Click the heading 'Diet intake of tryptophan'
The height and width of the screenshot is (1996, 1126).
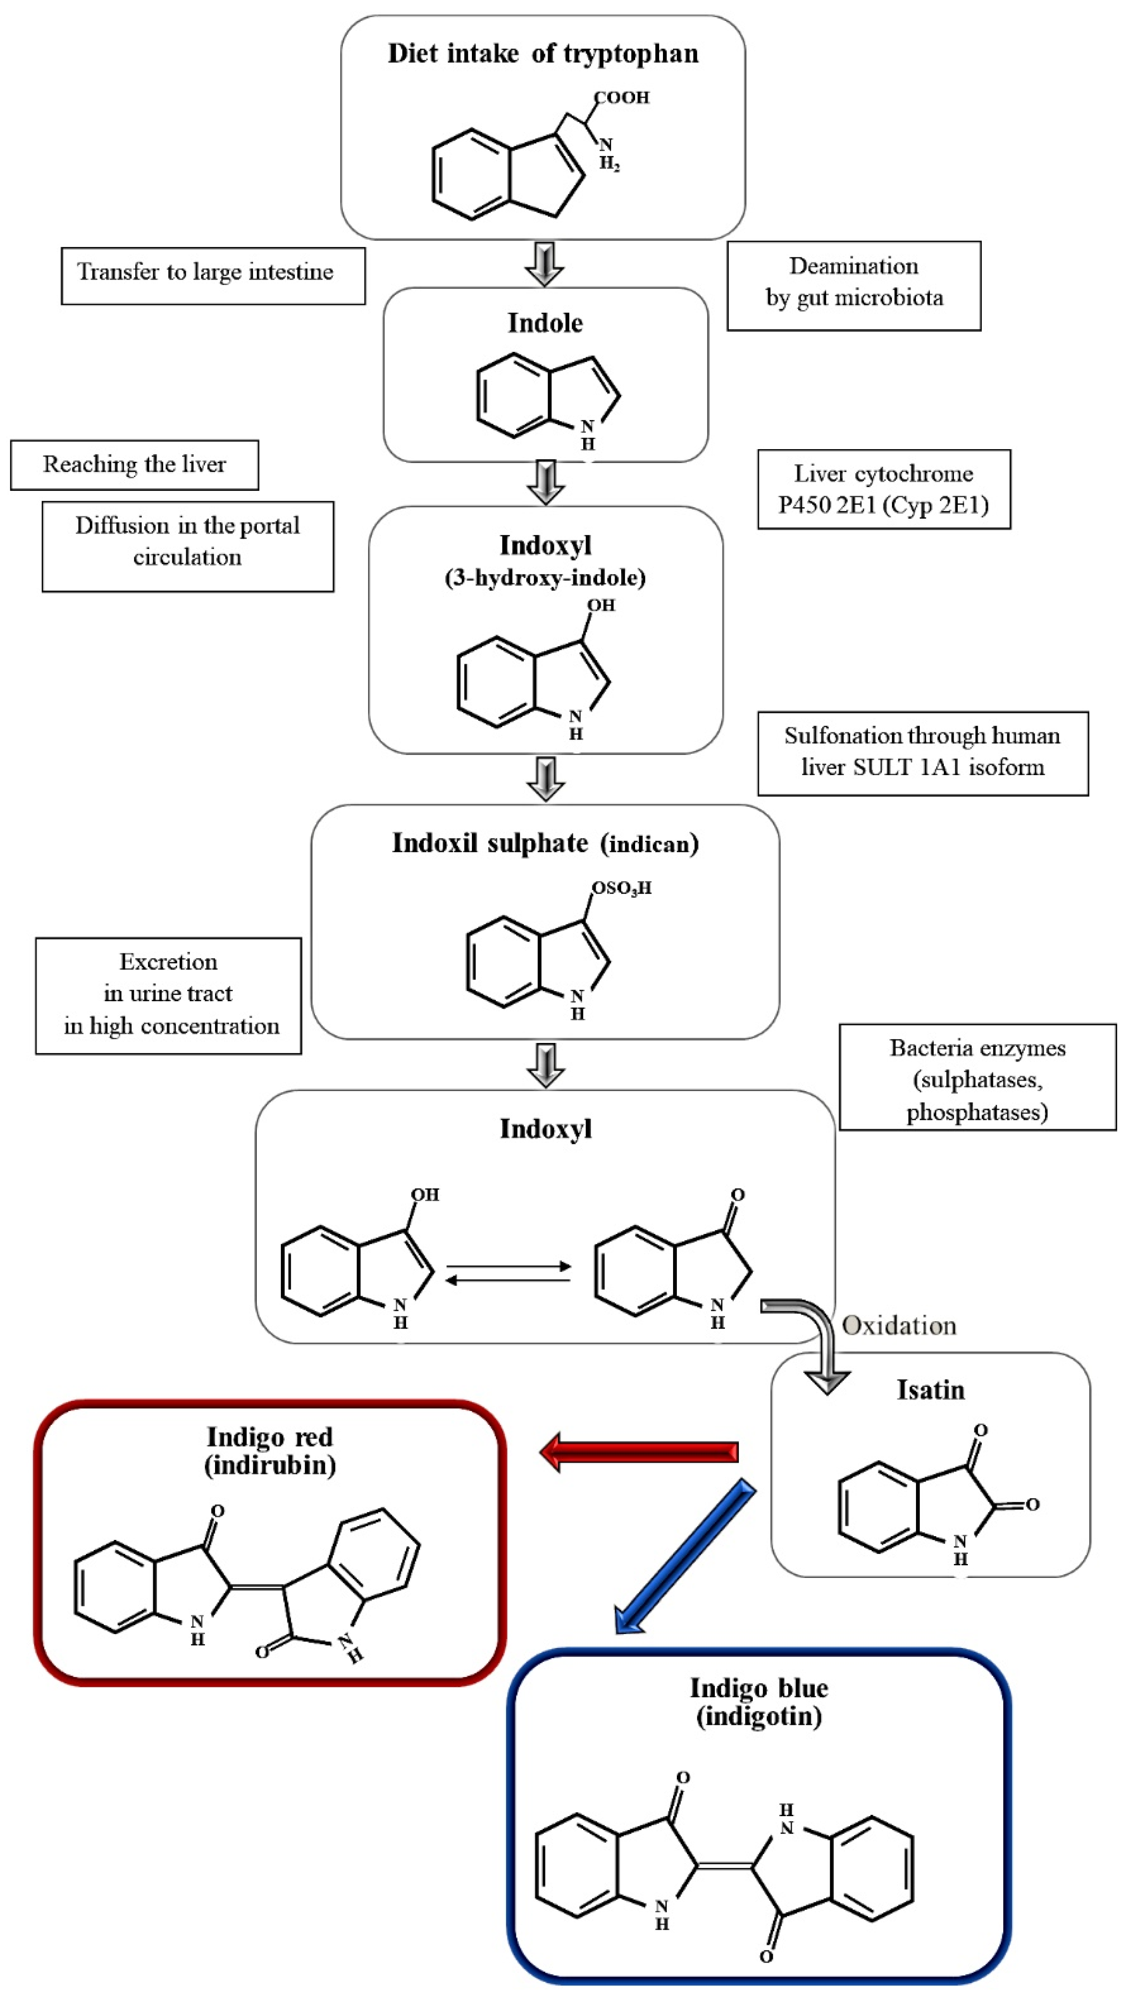(x=542, y=53)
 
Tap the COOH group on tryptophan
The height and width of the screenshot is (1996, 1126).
(x=622, y=98)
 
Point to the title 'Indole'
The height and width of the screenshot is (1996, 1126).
(x=545, y=322)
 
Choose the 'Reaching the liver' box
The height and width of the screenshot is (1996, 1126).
(x=134, y=464)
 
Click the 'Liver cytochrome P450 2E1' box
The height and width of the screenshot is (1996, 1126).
(x=884, y=489)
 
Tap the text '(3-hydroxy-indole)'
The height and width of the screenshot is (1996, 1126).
(x=545, y=577)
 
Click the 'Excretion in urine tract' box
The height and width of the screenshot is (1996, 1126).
(x=168, y=995)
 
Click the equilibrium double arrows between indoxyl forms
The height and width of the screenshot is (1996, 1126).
(x=509, y=1273)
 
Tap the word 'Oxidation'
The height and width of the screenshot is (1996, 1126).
(x=899, y=1326)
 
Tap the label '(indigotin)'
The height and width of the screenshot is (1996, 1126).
(x=759, y=1716)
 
